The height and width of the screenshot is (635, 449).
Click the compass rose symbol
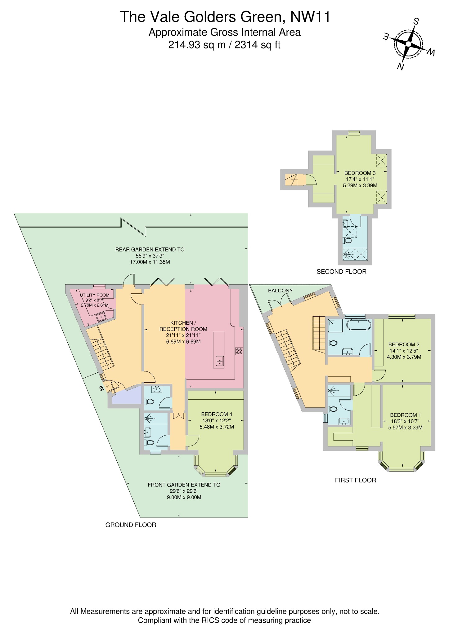coord(408,44)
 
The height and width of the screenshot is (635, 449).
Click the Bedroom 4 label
coord(217,414)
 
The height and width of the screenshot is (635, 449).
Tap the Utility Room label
coord(95,295)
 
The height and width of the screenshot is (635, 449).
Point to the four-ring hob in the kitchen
coord(239,351)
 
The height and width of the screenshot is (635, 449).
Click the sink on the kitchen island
coord(220,361)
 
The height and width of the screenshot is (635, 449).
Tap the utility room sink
coord(101,317)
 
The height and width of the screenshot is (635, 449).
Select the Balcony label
coord(280,291)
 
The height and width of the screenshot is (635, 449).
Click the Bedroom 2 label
coord(404,344)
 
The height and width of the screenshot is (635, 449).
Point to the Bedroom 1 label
coord(405,415)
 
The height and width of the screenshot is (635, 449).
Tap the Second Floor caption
coord(341,272)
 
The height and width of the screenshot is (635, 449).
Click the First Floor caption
coord(355,480)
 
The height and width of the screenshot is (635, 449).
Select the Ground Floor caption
coord(131,525)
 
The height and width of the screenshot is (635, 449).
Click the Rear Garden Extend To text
coord(150,249)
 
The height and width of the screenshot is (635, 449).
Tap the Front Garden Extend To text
coord(184,485)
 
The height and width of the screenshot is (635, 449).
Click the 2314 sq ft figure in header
coord(257,45)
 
